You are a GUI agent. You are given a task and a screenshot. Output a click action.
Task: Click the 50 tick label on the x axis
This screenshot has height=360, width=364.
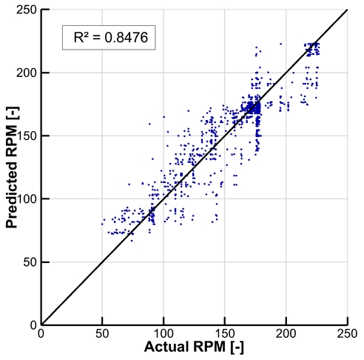coord(102,333)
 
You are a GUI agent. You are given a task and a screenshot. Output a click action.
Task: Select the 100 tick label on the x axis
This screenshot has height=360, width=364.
coord(164,333)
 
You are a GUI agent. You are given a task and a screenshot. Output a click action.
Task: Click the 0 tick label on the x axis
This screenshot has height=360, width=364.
coord(41,333)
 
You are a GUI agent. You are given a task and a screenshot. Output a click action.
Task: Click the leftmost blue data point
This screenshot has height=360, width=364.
coord(102,223)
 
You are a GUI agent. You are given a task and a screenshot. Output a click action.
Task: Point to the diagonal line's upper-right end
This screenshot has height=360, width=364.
coord(347,10)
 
